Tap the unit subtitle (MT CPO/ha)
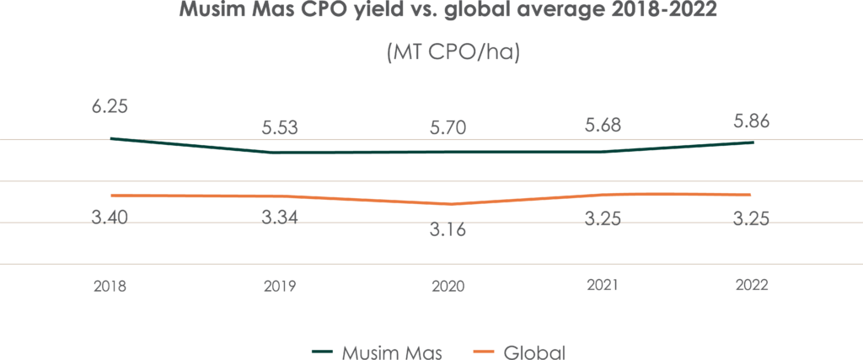tap(452, 53)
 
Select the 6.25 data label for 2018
tap(110, 108)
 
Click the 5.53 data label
tap(280, 128)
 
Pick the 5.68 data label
tap(602, 126)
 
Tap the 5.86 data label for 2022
tap(752, 122)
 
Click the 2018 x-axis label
tap(110, 287)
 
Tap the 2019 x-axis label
tap(280, 287)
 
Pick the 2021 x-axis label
tap(602, 287)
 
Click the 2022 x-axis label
tap(752, 287)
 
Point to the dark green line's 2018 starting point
tap(111, 138)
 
